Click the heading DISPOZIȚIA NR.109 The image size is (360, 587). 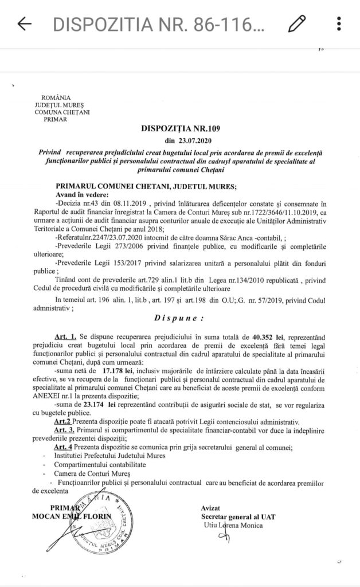coord(180,129)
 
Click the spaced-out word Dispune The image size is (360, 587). coord(180,316)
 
